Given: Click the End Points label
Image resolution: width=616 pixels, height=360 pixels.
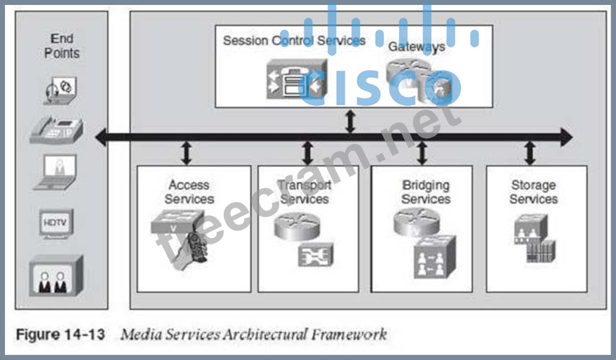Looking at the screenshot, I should (62, 46).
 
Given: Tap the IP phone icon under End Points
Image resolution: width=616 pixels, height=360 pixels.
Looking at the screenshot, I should (56, 131).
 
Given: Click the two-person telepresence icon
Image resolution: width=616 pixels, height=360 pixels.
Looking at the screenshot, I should (56, 275).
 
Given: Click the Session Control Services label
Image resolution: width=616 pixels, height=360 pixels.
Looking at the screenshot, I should (294, 40).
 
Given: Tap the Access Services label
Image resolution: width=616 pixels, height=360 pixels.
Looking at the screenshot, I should (189, 192).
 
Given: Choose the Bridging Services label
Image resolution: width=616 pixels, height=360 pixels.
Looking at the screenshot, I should (426, 192).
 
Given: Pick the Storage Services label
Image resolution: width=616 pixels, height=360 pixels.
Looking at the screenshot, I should (533, 192).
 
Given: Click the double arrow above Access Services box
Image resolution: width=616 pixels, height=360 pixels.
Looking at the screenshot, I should (186, 152).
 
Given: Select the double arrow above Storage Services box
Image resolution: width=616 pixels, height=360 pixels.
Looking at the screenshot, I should (530, 152).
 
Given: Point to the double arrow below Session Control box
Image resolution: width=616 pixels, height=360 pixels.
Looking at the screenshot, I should (350, 122).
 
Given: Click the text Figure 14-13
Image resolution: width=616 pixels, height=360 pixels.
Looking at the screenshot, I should (60, 333).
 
